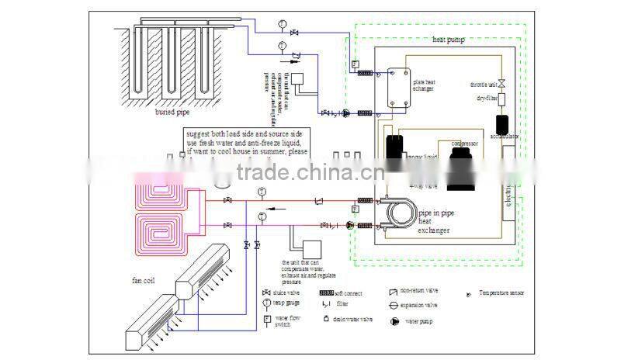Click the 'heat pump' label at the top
[x=449, y=39]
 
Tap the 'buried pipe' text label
[x=173, y=112]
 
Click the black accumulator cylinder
[x=499, y=123]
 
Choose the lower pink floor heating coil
[x=160, y=230]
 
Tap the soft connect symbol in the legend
[x=327, y=292]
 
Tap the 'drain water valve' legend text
[x=354, y=319]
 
